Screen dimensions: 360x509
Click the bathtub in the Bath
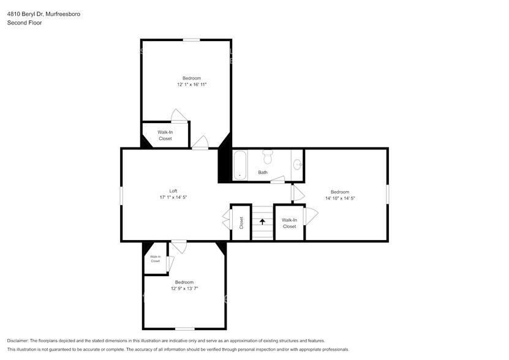click(x=239, y=165)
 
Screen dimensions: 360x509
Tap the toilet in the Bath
click(x=267, y=158)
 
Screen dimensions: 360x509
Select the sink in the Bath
click(x=297, y=164)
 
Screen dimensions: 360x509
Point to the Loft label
click(x=173, y=190)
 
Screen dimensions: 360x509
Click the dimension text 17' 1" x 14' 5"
click(x=173, y=197)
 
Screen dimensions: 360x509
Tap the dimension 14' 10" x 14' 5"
click(x=340, y=198)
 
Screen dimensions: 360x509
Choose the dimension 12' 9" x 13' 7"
click(x=184, y=288)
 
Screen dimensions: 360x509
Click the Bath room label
click(x=263, y=173)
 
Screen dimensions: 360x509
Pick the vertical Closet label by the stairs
click(x=241, y=223)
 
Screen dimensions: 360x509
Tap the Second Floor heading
click(x=25, y=23)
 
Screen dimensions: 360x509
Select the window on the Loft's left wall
click(x=121, y=195)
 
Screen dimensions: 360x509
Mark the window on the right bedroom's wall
click(x=387, y=195)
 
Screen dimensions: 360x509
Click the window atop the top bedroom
click(x=192, y=40)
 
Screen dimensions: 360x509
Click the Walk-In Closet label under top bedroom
click(x=165, y=135)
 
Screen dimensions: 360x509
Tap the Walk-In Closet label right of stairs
click(x=289, y=223)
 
